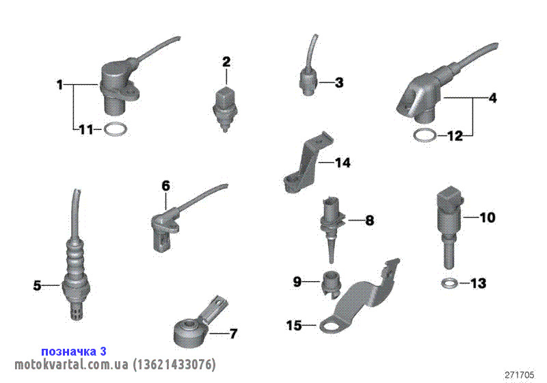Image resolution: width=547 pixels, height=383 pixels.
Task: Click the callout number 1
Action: pyautogui.click(x=60, y=85)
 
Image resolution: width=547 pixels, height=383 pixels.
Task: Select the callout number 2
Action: pyautogui.click(x=226, y=62)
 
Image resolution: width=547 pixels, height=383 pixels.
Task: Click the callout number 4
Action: pyautogui.click(x=492, y=98)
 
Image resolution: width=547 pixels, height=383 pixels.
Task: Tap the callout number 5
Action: pyautogui.click(x=37, y=286)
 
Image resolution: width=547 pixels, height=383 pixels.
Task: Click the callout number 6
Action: pyautogui.click(x=165, y=185)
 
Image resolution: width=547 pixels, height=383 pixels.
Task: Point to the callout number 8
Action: pyautogui.click(x=369, y=220)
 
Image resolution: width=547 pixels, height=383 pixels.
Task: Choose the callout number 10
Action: pyautogui.click(x=488, y=217)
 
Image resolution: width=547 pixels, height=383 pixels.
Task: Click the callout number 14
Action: pyautogui.click(x=343, y=163)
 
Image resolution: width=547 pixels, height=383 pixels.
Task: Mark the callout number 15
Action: pyautogui.click(x=294, y=326)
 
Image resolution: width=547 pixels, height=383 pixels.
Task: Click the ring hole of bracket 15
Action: pyautogui.click(x=330, y=326)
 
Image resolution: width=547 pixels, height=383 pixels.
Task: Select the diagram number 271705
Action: pyautogui.click(x=520, y=375)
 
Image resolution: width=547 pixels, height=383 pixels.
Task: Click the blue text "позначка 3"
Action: pyautogui.click(x=74, y=352)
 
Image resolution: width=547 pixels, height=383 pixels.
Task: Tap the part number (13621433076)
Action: pyautogui.click(x=174, y=365)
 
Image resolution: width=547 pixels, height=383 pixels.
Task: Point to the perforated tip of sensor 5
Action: pyautogui.click(x=77, y=310)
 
